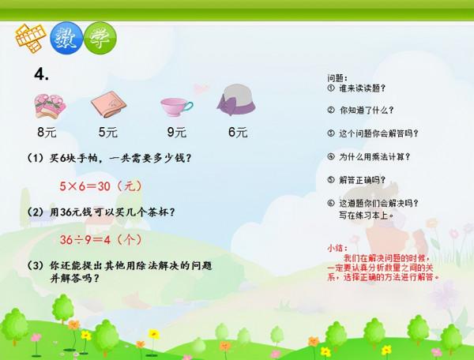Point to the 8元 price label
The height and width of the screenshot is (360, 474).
click(46, 132)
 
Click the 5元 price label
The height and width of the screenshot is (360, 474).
click(108, 132)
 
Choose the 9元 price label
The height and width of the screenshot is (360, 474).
click(176, 132)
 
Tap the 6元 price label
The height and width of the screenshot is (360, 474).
click(237, 132)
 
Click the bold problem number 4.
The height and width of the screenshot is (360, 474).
click(41, 73)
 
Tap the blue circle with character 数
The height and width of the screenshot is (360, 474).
click(66, 37)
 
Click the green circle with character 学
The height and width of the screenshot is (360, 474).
click(100, 37)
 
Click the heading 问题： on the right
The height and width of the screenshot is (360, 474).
click(337, 78)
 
